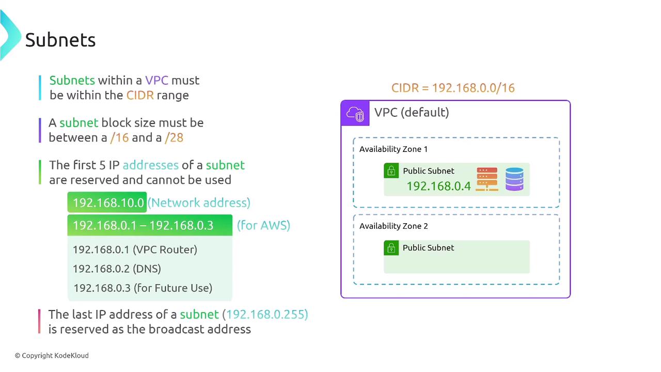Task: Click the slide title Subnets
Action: (60, 40)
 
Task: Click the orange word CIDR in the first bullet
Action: (140, 95)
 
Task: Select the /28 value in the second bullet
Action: (174, 137)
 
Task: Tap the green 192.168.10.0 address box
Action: (107, 203)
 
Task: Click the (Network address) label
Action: (199, 203)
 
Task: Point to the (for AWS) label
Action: (263, 225)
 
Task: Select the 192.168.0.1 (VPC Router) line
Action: (135, 250)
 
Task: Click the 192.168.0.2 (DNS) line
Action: (117, 269)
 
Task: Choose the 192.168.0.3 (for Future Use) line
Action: (143, 288)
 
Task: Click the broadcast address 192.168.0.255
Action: (267, 314)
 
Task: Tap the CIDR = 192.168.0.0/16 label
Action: (453, 88)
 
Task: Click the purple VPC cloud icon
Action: (355, 113)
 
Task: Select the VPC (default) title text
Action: (412, 112)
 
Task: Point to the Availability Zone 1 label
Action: (394, 149)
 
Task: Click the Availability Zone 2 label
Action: (394, 226)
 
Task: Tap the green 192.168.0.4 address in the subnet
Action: (438, 186)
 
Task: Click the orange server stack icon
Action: (487, 179)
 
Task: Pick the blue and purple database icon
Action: (514, 179)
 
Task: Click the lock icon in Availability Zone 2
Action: (391, 248)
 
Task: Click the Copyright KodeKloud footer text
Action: (52, 355)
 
